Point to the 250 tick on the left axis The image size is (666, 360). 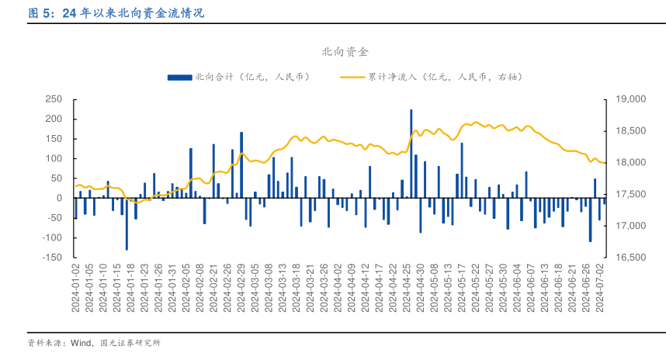pos(54,99)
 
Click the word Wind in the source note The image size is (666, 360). pos(81,342)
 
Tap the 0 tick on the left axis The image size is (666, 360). pos(59,198)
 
